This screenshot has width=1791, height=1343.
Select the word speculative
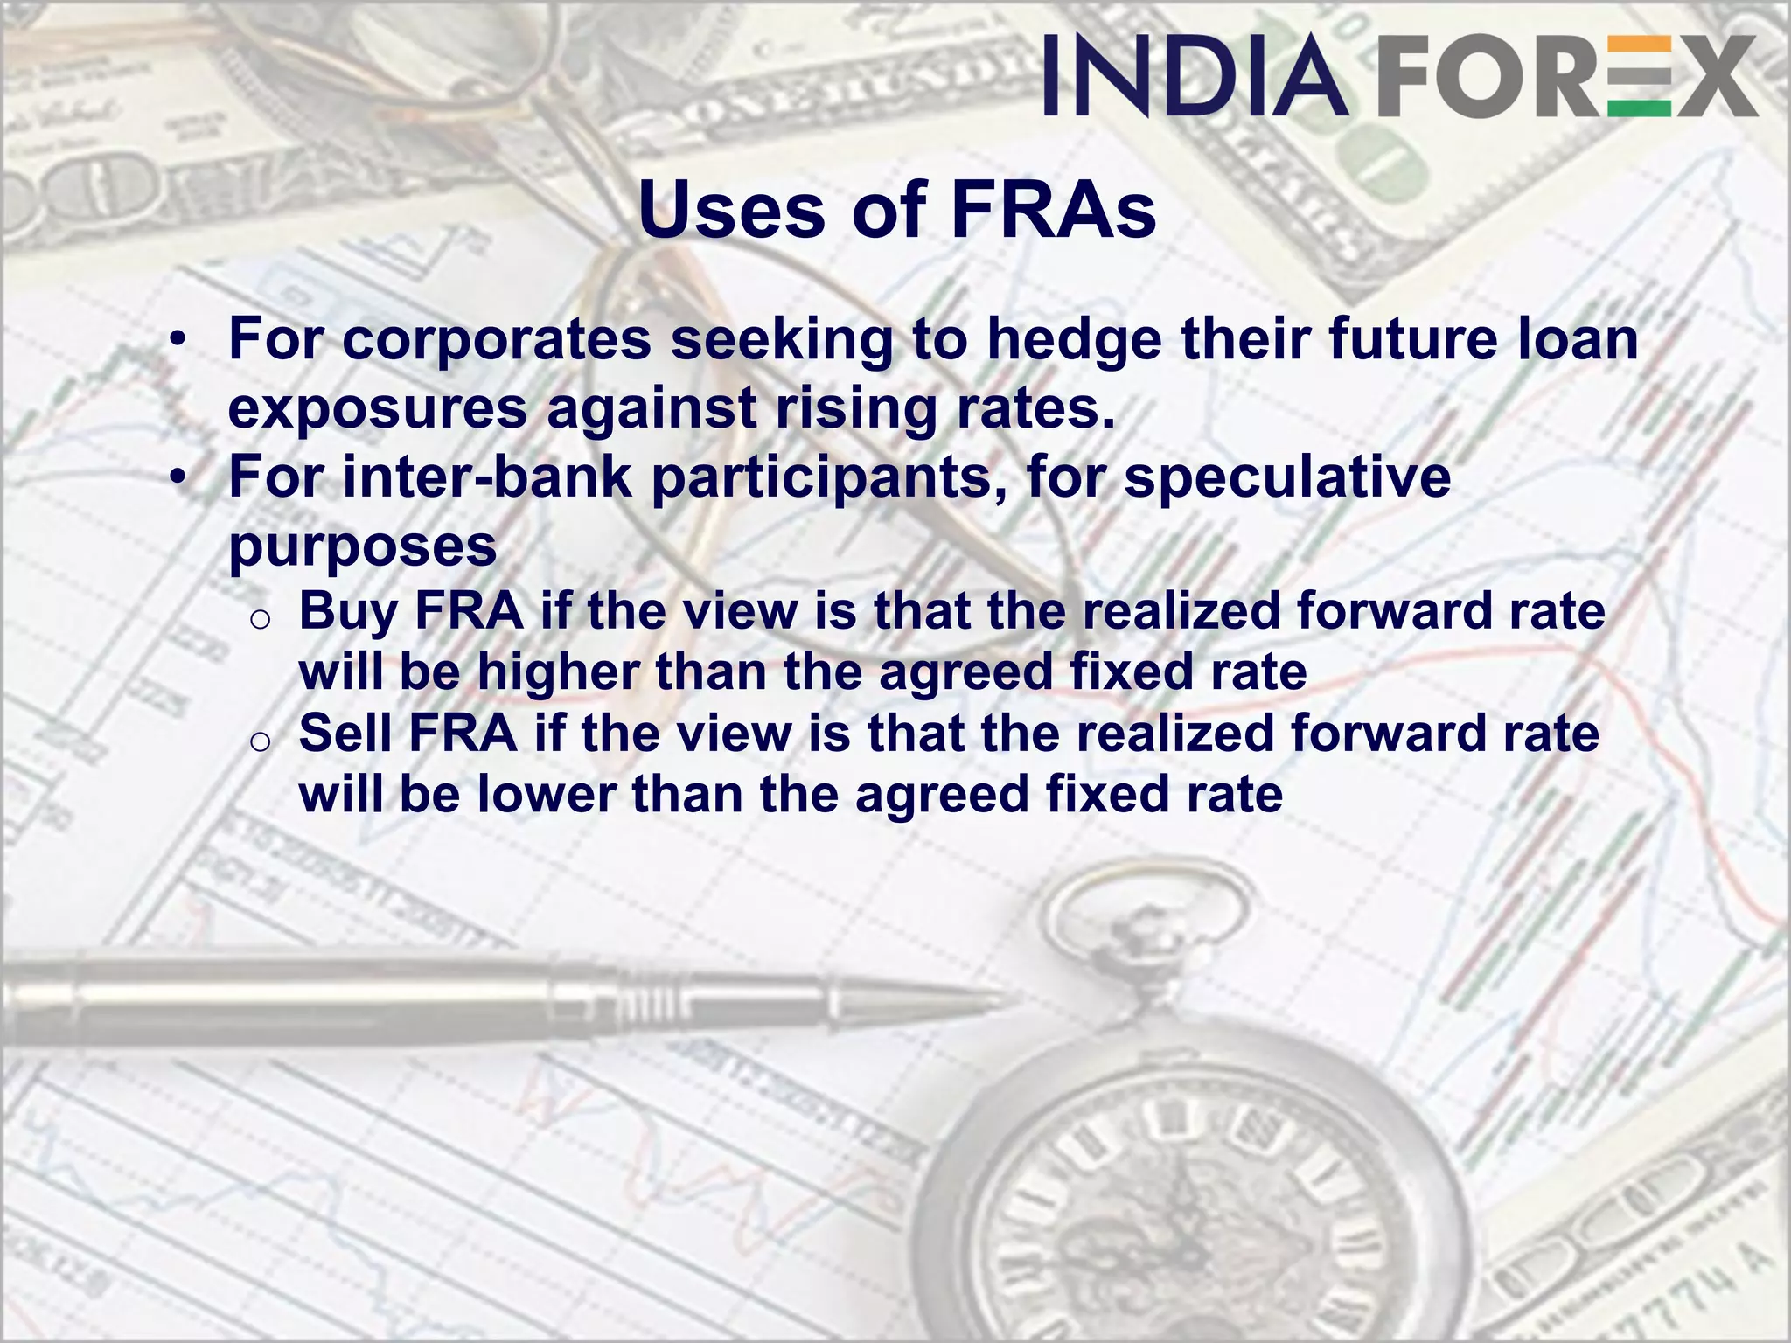(1287, 479)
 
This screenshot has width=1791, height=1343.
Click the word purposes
(362, 547)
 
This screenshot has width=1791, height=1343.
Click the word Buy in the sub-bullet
(348, 612)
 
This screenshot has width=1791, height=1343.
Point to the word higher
(558, 672)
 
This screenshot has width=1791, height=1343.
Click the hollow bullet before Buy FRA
(260, 620)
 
